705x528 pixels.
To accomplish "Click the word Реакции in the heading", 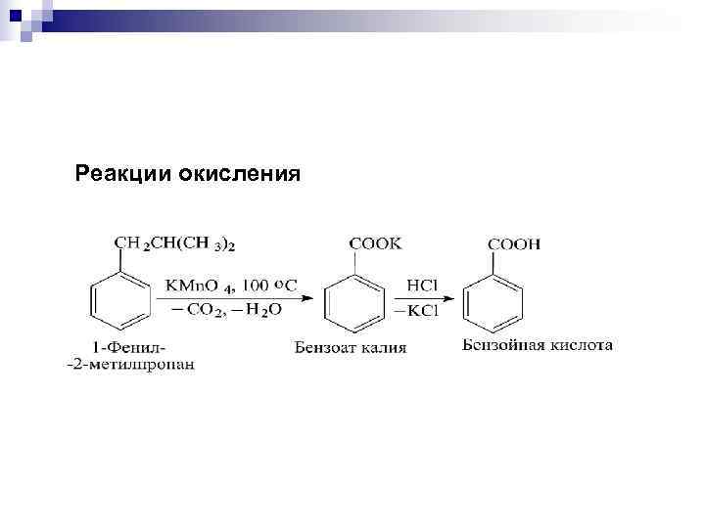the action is pos(123,174).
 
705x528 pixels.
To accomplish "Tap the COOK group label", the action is pos(375,242).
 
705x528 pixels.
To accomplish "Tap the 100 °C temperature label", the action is pos(268,285).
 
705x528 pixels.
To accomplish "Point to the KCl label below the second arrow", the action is pos(422,310).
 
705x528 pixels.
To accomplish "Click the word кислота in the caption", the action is pos(580,345).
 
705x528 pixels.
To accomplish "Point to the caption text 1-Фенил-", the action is pos(129,348).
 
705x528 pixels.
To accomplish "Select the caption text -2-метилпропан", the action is pos(130,365).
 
